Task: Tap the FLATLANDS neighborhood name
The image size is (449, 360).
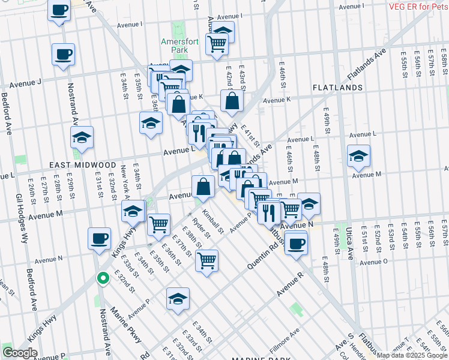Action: [x=337, y=88]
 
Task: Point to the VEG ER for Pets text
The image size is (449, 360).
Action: [x=418, y=7]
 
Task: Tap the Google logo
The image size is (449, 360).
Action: [x=20, y=352]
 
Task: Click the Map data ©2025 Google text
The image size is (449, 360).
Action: [x=412, y=355]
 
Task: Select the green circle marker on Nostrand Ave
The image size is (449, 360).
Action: [x=103, y=278]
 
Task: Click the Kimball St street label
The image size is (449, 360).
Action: [x=212, y=221]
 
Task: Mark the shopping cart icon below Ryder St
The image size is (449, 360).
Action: [x=206, y=260]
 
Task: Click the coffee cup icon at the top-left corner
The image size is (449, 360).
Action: [x=59, y=11]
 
